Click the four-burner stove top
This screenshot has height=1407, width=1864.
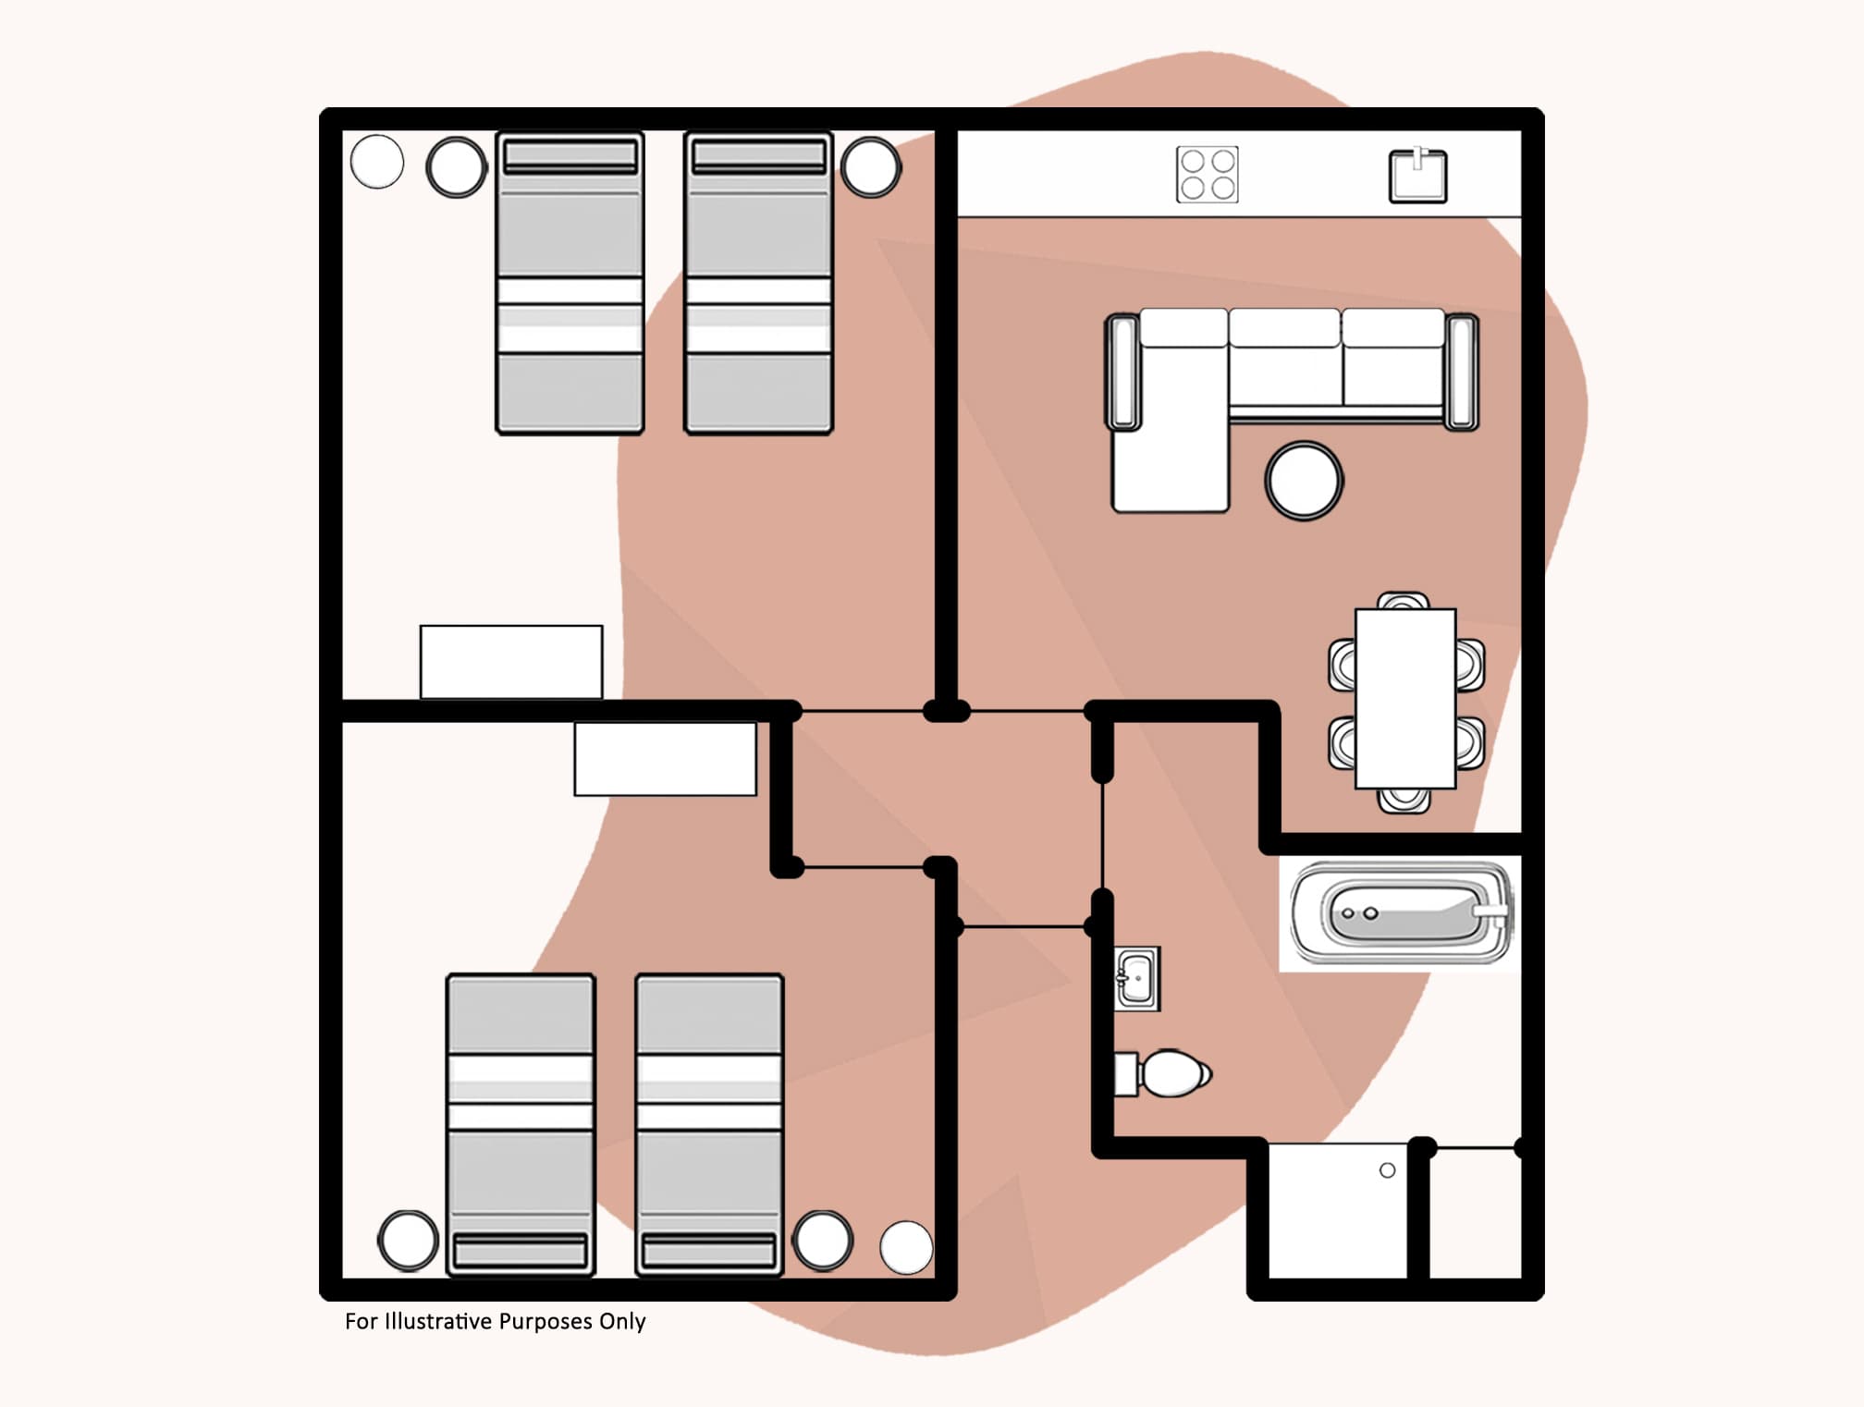pos(1207,175)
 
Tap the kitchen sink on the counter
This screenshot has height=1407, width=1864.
pos(1417,176)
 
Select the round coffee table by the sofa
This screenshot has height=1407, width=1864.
pos(1304,481)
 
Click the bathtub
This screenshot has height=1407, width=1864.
pos(1402,913)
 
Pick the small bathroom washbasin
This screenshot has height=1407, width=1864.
pos(1136,979)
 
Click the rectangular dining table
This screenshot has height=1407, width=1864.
pos(1405,698)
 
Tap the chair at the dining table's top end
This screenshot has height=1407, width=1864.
pos(1403,601)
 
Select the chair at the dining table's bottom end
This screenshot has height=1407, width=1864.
pos(1404,800)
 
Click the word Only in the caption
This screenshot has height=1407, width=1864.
pos(622,1321)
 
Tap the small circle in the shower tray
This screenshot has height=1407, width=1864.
pos(1387,1170)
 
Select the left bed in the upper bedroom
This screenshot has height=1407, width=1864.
pos(570,282)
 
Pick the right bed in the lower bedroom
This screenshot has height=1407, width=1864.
pos(709,1124)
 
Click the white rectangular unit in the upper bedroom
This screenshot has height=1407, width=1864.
pos(511,662)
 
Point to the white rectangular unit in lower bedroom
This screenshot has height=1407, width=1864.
pos(665,758)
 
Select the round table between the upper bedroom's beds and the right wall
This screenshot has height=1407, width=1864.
pos(870,167)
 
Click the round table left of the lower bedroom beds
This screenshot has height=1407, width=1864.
pos(408,1240)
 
